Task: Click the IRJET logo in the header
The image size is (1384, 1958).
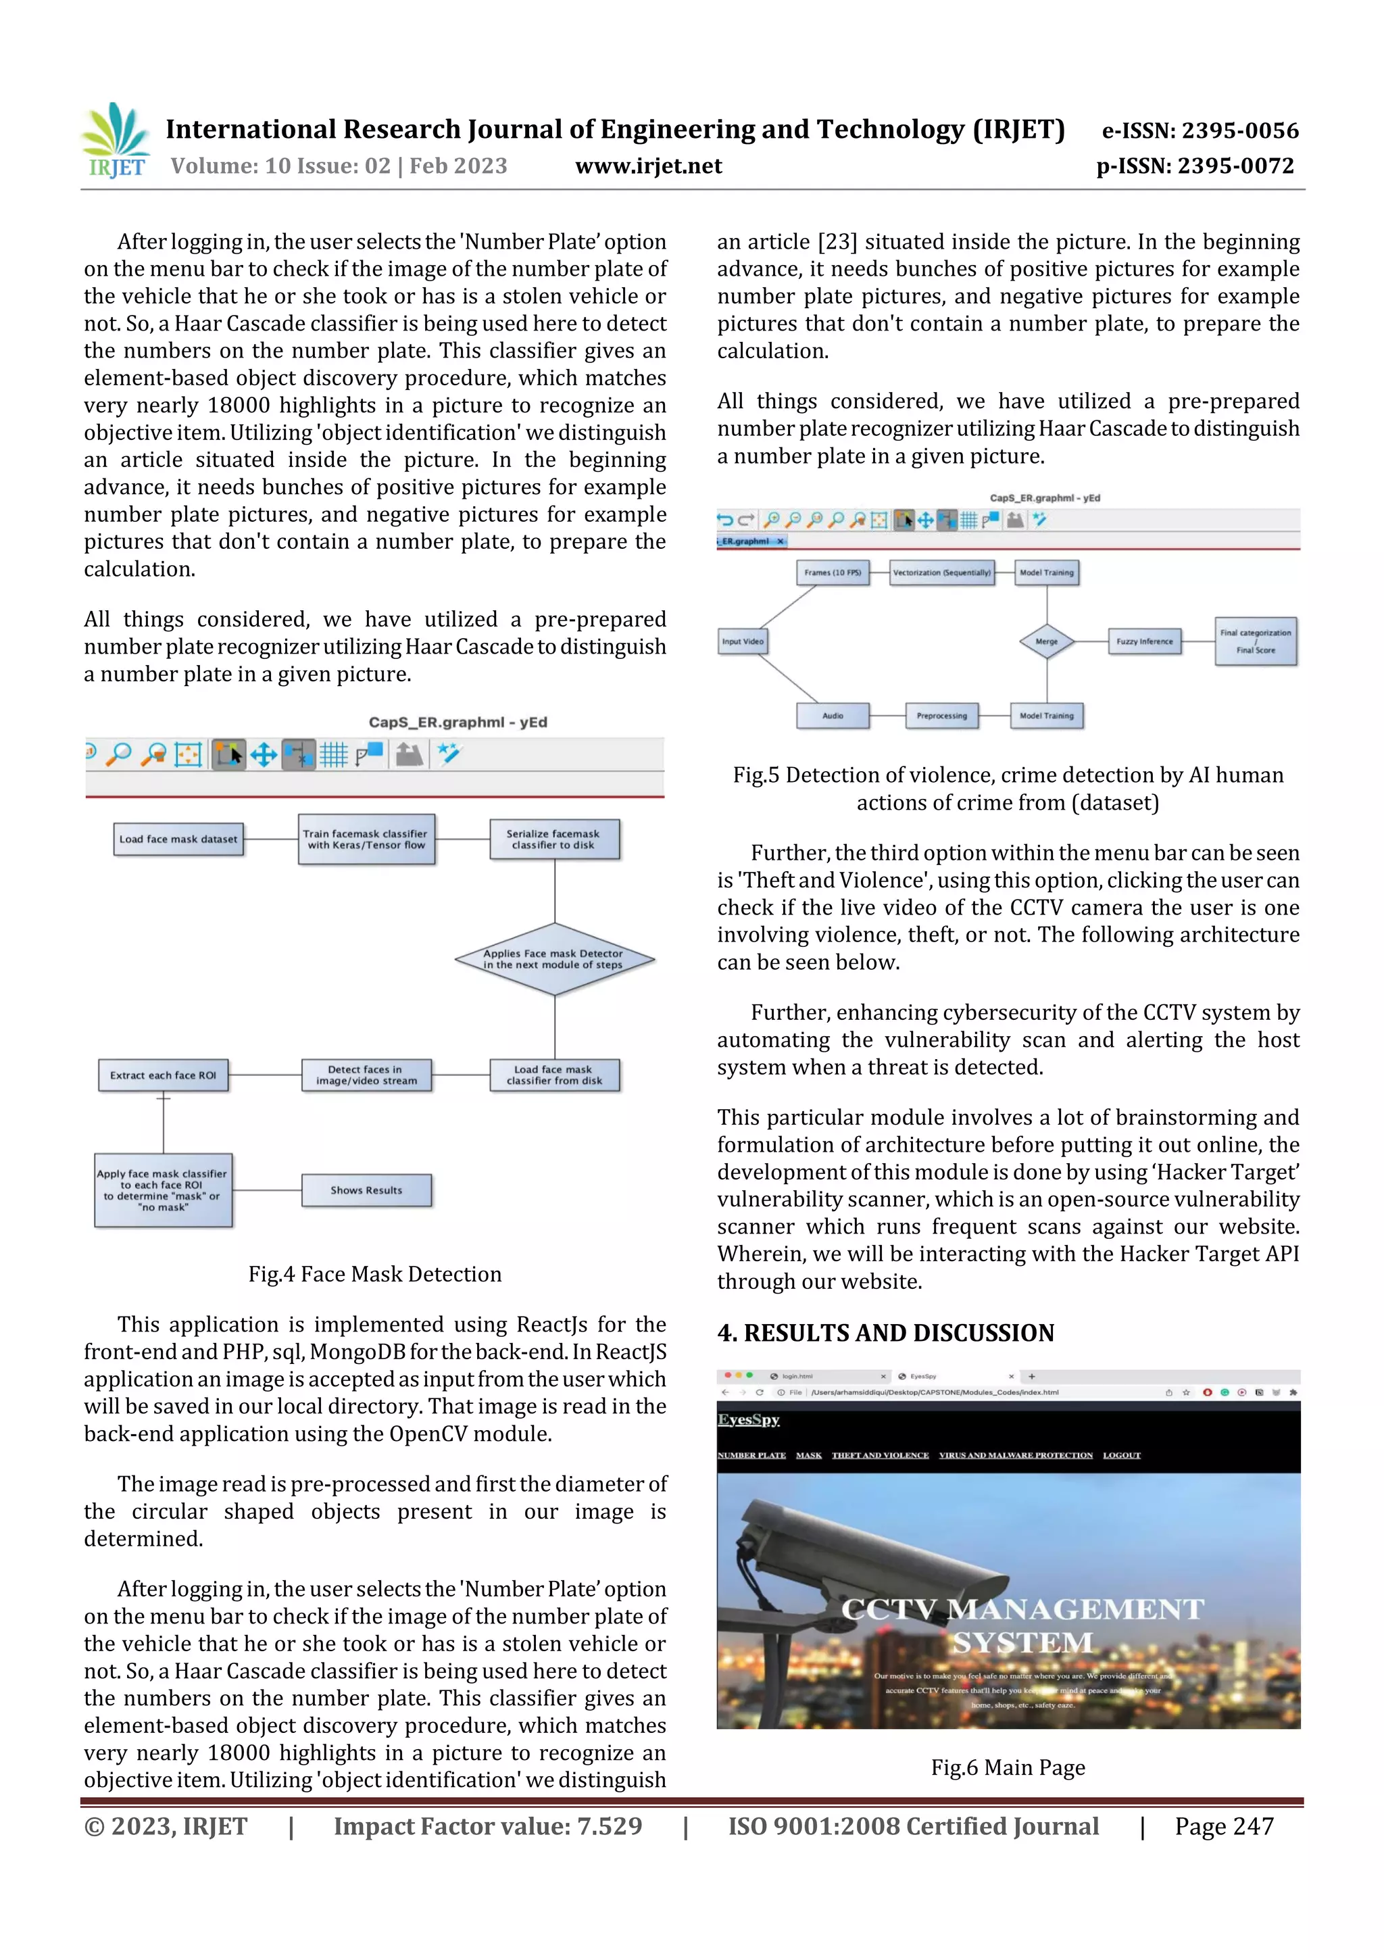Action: (x=116, y=141)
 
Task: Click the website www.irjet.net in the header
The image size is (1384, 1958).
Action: (x=648, y=166)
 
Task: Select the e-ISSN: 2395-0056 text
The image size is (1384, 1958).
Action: (x=1200, y=130)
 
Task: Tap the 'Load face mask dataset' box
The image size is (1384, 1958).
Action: (x=178, y=839)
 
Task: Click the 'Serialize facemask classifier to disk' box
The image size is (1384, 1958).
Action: (x=553, y=839)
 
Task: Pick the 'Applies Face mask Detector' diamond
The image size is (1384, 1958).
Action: (x=554, y=959)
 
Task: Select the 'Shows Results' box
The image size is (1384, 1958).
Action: (x=367, y=1190)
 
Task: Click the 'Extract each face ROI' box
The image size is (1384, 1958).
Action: (x=163, y=1075)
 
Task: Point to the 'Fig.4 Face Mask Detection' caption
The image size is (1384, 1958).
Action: (x=374, y=1274)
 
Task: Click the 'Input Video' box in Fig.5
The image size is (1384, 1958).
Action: (x=742, y=641)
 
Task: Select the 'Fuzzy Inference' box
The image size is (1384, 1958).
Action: (x=1144, y=641)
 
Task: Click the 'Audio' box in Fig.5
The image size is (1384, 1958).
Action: (x=833, y=716)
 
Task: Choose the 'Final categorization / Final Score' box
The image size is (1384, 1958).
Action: (x=1255, y=641)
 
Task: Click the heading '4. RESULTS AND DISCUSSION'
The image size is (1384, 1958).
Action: (x=885, y=1333)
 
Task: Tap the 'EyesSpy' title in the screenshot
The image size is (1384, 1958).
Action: (x=748, y=1419)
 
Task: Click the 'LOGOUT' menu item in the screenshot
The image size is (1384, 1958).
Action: (x=1120, y=1455)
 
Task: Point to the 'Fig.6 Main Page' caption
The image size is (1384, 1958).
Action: (x=1008, y=1767)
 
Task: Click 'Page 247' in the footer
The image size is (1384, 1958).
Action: (x=1224, y=1826)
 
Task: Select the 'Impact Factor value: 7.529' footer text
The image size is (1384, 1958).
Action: (x=487, y=1826)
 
